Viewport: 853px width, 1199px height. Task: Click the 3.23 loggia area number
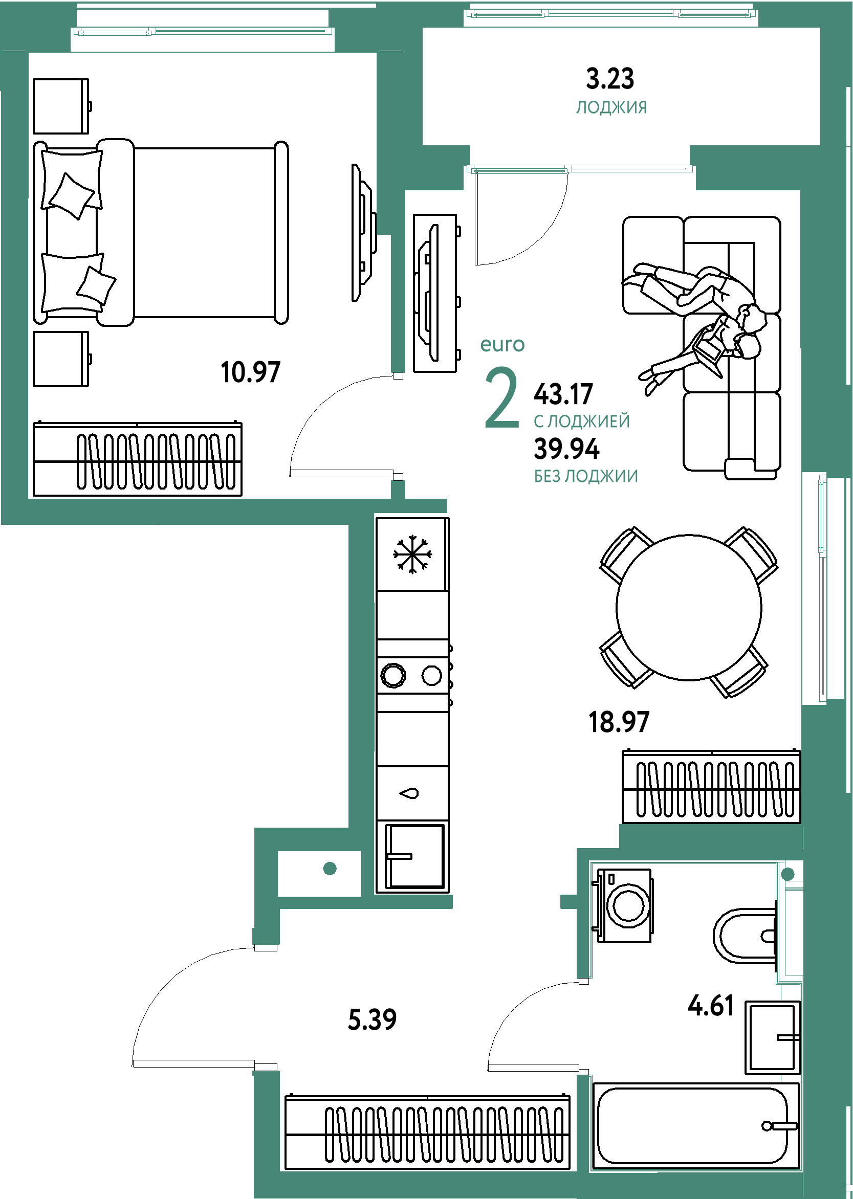[610, 79]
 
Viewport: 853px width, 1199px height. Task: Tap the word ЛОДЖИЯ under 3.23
[611, 107]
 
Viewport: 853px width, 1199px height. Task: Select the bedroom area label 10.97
[251, 372]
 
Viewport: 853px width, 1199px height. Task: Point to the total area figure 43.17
[563, 394]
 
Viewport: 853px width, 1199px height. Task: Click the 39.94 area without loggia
[567, 449]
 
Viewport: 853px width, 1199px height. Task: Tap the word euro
[502, 344]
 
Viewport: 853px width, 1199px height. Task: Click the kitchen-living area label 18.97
[619, 722]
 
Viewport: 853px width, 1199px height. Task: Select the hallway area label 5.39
[372, 1019]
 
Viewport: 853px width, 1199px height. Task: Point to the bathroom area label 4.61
[711, 1006]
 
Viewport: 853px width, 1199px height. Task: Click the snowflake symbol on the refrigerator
[413, 554]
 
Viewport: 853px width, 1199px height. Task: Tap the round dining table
[689, 607]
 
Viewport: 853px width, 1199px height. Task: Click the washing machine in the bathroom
[622, 905]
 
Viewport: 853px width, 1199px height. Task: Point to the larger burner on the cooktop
[393, 675]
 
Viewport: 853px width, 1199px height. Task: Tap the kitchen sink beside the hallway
[414, 856]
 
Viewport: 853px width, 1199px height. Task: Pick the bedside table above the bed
[61, 106]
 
